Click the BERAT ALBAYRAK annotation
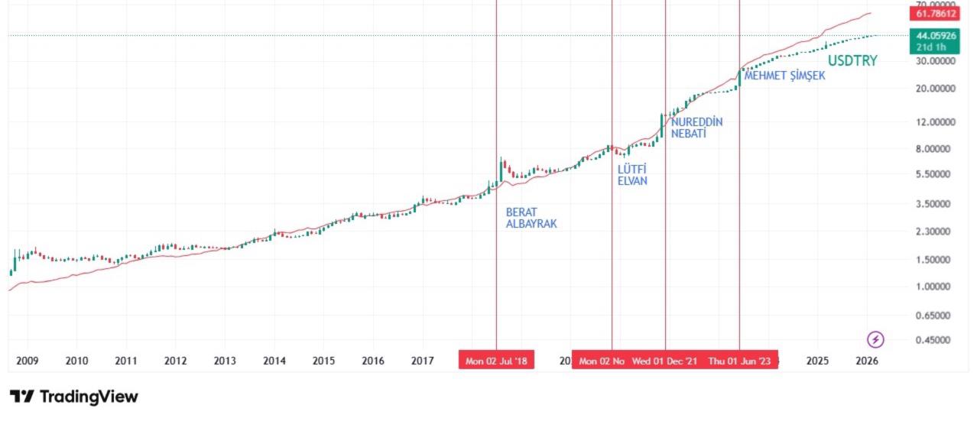[531, 218]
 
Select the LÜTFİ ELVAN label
[632, 175]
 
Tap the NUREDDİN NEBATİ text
[696, 128]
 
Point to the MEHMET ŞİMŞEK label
[784, 76]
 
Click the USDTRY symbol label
[852, 61]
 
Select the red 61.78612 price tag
[934, 14]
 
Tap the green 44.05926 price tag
[934, 35]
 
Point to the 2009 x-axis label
[28, 361]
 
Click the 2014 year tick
[274, 361]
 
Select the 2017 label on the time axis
[423, 361]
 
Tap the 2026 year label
[867, 361]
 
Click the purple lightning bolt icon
[875, 339]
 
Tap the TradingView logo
[74, 397]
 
